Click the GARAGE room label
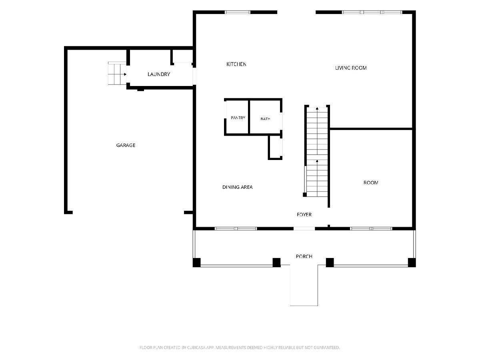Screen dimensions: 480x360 126,145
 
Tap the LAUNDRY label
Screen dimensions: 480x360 159,74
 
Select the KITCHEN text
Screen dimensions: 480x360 236,64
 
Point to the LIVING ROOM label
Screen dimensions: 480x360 351,68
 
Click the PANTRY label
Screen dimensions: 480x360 238,118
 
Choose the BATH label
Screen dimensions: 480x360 265,119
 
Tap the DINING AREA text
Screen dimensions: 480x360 238,187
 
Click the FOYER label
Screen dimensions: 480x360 304,215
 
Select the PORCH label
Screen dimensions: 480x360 304,256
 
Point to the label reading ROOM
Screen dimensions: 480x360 371,183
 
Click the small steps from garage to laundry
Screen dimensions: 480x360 117,74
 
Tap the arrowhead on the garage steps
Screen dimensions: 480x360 125,74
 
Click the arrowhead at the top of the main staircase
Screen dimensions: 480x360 317,108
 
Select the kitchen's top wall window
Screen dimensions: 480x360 238,12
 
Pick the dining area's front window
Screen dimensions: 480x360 236,229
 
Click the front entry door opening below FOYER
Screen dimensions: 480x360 304,229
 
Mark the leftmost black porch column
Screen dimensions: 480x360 196,262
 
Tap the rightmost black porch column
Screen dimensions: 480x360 412,262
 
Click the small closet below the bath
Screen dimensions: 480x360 275,147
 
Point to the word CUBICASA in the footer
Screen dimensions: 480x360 196,348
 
